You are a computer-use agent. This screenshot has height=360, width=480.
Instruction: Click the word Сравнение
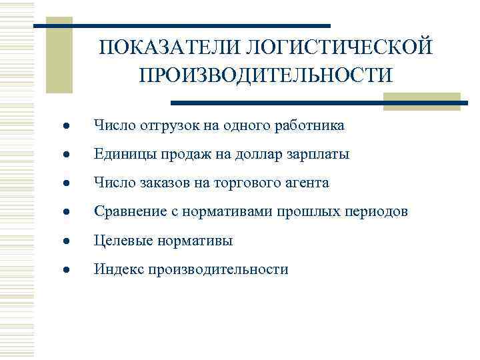tap(128, 211)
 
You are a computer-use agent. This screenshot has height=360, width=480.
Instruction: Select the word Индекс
tap(118, 269)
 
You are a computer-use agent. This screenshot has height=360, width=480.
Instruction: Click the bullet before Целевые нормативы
tap(59, 241)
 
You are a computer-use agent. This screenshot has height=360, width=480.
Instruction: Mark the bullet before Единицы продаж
tap(59, 155)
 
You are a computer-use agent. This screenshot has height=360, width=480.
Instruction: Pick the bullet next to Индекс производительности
tap(59, 270)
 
